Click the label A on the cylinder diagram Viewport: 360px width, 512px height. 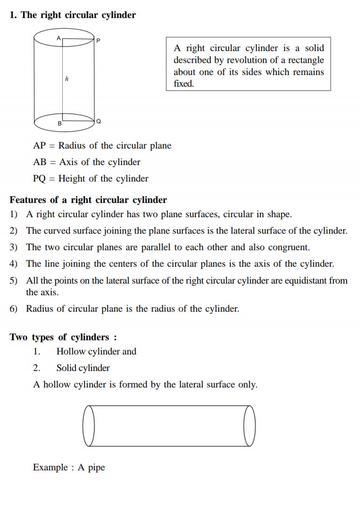tap(59, 38)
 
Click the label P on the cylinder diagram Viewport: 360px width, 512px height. tap(98, 40)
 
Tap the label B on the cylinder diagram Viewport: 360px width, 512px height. tap(60, 124)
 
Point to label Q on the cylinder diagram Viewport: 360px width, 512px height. tap(98, 121)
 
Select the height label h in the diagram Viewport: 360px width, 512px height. tap(67, 79)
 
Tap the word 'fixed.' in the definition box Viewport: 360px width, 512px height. tap(183, 84)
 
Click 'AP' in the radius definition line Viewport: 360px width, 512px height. tap(39, 145)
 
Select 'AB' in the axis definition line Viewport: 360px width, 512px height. tap(40, 162)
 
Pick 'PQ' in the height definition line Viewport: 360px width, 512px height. tap(40, 179)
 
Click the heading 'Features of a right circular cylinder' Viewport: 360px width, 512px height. tap(88, 200)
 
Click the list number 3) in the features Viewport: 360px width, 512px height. tap(14, 247)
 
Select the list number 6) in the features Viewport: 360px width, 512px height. tap(14, 309)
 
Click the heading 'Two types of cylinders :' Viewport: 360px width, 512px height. tap(63, 337)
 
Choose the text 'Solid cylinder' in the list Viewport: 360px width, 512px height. tap(83, 368)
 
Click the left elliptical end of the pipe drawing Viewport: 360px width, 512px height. tap(89, 426)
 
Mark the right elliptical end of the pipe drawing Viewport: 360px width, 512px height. tap(249, 426)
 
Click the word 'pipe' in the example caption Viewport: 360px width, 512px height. tap(96, 467)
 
